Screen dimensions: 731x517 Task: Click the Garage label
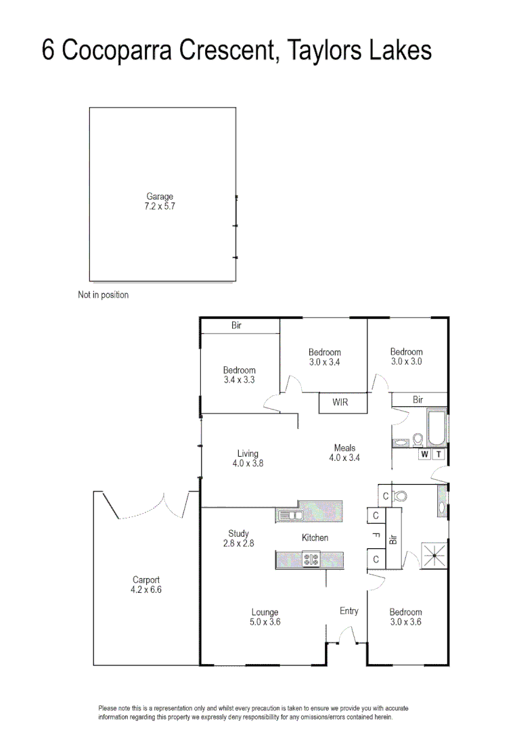click(160, 201)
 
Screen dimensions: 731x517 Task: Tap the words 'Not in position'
click(103, 295)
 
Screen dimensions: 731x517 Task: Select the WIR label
click(340, 403)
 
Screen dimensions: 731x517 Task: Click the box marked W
click(424, 454)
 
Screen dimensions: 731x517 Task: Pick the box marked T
click(439, 454)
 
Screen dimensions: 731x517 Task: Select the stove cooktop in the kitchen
click(311, 560)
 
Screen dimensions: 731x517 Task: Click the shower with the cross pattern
click(433, 556)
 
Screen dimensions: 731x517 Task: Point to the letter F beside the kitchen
click(376, 535)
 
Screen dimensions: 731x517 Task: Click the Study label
click(238, 538)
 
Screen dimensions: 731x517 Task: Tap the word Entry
click(349, 611)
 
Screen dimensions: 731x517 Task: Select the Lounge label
click(264, 617)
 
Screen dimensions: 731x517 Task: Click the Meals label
click(344, 453)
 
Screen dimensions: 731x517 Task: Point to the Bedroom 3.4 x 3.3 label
click(240, 375)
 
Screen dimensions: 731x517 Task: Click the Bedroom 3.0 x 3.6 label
click(405, 617)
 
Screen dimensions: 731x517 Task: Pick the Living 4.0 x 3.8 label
click(248, 459)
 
